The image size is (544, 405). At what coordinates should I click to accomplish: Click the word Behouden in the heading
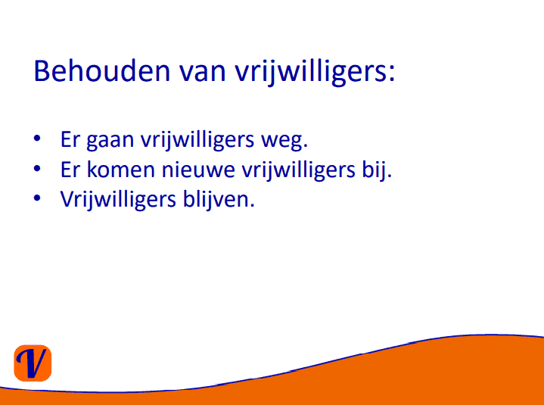coord(101,71)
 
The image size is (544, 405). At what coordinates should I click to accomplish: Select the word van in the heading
coord(203,73)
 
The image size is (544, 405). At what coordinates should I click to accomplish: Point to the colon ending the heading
coord(391,74)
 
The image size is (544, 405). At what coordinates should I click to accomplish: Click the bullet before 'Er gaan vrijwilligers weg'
coord(37,139)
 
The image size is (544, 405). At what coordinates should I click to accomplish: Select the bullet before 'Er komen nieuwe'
coord(37,169)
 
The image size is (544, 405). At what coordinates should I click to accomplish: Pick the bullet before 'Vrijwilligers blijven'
coord(37,198)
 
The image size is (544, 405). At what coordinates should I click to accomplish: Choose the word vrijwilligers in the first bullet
coord(197,140)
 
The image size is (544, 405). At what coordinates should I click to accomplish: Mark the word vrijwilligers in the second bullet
coord(298,170)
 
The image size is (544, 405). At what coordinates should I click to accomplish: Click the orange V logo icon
coord(33,363)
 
